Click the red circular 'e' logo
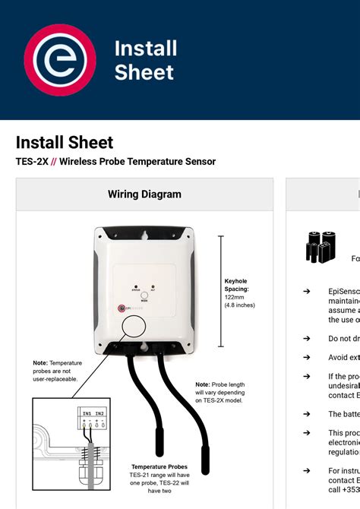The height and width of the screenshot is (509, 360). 60,60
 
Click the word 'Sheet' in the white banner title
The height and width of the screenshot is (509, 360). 144,72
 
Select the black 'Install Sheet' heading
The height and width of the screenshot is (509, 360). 65,142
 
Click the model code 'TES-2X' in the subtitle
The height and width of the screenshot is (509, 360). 31,161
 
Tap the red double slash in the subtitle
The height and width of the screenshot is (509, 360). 53,161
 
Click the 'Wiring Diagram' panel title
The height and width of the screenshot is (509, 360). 144,194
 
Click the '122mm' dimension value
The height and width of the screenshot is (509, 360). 234,297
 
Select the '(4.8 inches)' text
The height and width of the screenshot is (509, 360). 239,305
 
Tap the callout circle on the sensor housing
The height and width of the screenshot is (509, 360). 134,327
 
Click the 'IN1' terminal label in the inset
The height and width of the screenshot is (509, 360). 88,413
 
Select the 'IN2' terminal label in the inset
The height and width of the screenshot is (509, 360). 101,413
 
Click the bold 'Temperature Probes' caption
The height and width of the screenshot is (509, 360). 159,466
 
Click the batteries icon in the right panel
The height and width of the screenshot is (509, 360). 321,248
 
